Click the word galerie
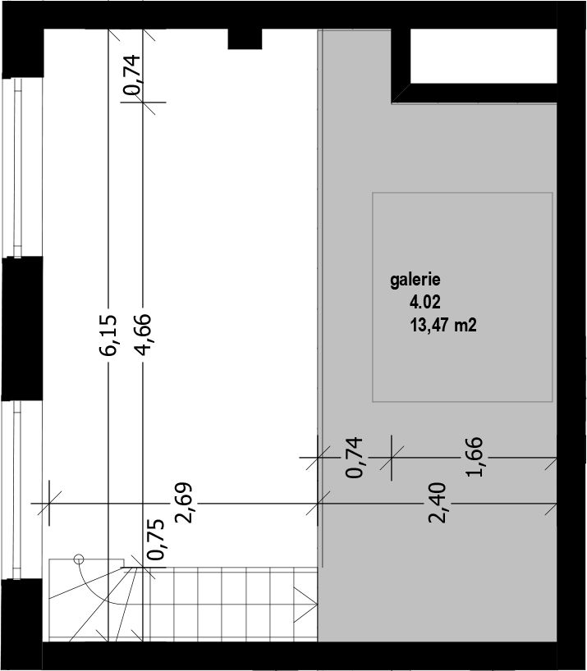[x=415, y=281]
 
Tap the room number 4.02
[x=424, y=303]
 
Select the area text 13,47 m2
[x=443, y=325]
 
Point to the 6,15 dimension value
[x=108, y=335]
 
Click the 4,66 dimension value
[x=143, y=335]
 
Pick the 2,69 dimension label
[x=184, y=504]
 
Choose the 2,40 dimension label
[x=437, y=503]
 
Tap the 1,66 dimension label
[x=474, y=457]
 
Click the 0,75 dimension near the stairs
[x=155, y=540]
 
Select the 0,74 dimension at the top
[x=131, y=75]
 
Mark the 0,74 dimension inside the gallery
[x=355, y=458]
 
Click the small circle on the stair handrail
[x=79, y=559]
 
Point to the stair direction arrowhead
[x=305, y=605]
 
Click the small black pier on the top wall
[x=245, y=39]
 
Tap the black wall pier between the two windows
[x=22, y=329]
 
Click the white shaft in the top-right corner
[x=484, y=56]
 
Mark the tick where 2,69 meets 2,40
[x=318, y=504]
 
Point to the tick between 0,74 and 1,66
[x=392, y=458]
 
